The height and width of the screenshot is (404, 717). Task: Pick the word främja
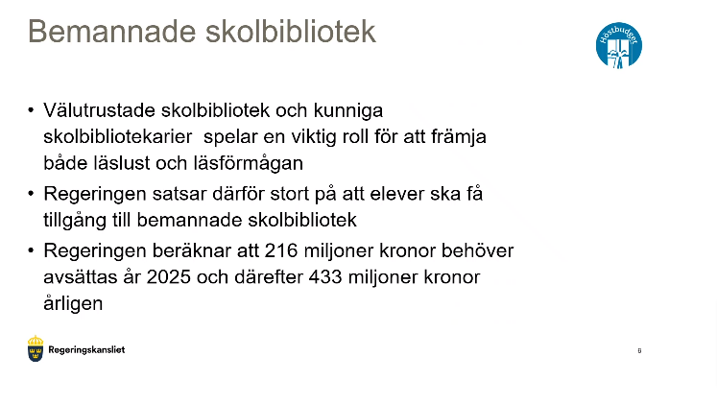459,136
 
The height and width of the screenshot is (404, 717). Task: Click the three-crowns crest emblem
36,349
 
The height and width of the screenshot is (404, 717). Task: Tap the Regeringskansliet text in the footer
87,350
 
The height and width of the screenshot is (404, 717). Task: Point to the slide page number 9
639,351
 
